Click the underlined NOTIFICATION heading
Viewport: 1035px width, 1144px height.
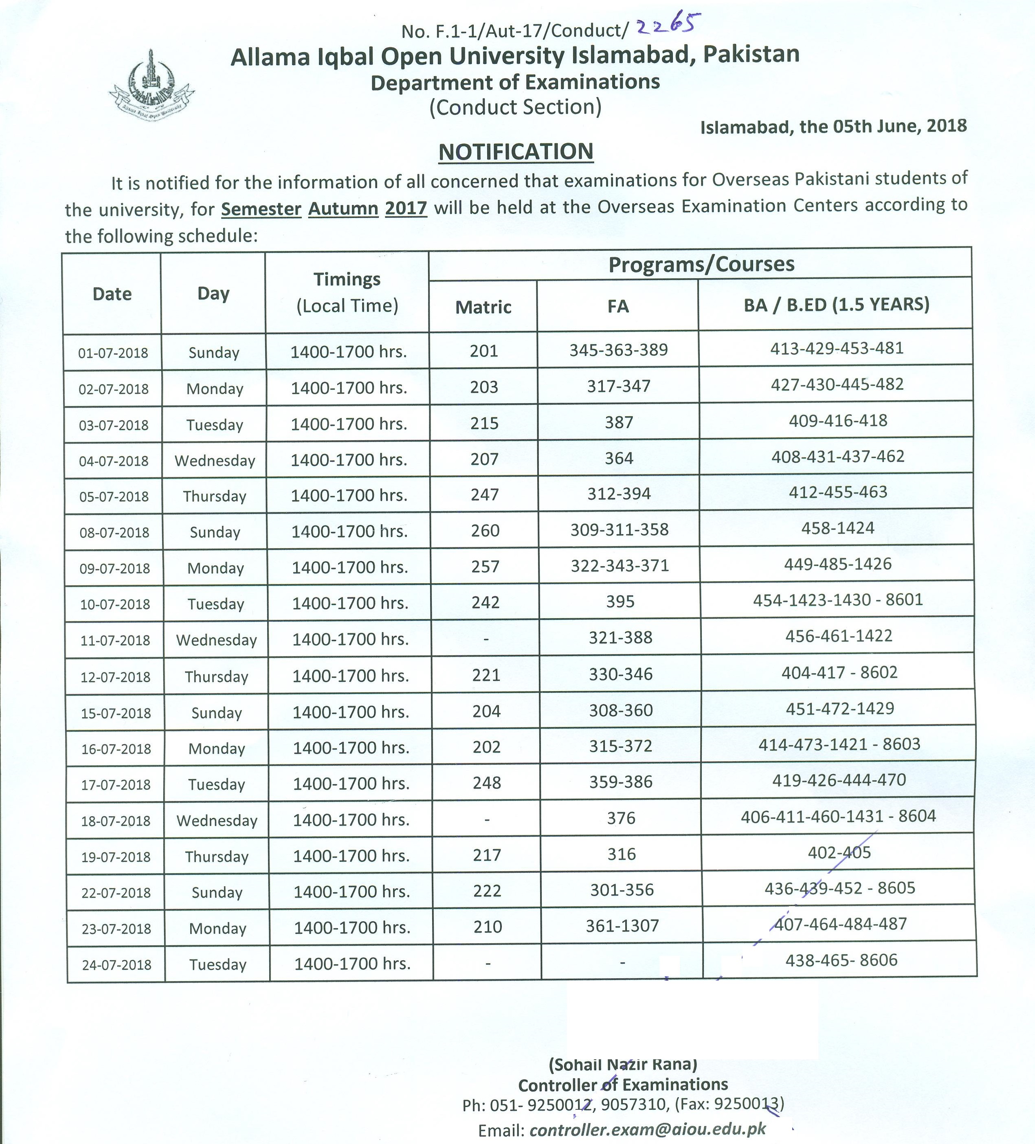516,152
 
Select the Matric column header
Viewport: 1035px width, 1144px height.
483,307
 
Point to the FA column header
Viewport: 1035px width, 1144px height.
618,306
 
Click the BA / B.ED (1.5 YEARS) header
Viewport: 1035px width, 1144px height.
836,305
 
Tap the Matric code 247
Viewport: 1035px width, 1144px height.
485,494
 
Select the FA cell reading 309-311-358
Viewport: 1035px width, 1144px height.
620,529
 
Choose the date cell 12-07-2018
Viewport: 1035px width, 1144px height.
116,677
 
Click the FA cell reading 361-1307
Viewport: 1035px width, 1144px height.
622,926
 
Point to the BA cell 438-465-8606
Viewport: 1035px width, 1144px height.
841,960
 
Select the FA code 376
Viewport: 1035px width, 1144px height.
621,818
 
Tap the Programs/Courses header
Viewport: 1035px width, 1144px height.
701,264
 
